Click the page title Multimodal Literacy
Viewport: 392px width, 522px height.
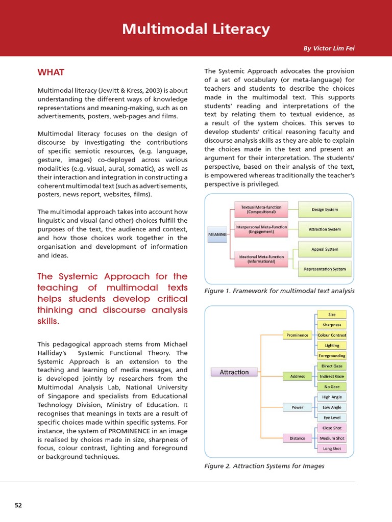196,30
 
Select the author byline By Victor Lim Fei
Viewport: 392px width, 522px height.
329,48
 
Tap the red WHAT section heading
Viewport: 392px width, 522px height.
51,72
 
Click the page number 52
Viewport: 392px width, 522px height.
18,505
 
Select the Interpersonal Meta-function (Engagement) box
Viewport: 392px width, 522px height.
261,229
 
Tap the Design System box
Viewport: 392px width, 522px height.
325,210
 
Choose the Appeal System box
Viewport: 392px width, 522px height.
325,249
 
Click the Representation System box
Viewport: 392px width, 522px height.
325,269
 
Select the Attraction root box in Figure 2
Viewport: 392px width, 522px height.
234,372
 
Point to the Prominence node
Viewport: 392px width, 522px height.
297,335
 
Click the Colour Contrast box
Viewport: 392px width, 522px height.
332,335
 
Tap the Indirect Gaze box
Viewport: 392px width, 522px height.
332,376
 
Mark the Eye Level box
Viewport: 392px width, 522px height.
332,417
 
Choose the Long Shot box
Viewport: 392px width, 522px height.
332,449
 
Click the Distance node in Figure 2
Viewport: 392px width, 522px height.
297,438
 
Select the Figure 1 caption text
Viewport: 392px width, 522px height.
279,291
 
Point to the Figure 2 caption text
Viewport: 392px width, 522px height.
264,466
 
